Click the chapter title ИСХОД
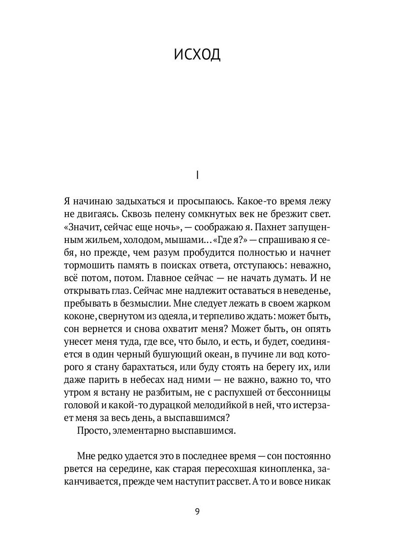197,54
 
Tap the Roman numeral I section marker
197,175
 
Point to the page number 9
197,512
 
